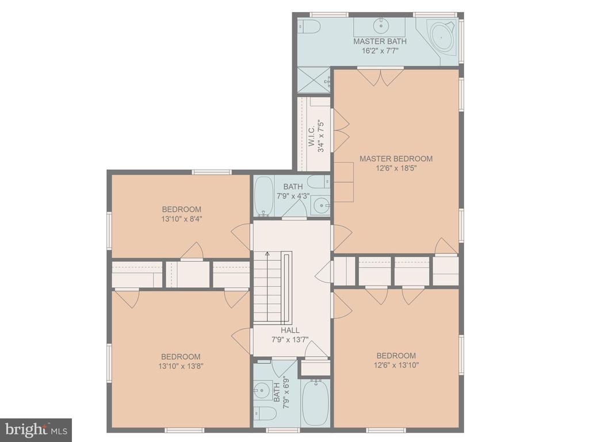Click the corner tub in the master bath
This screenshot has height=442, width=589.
442,36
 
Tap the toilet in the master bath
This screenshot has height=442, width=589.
309,26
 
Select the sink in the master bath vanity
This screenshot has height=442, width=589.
381,25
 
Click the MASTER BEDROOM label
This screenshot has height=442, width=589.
396,159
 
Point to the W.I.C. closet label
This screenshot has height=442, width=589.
311,136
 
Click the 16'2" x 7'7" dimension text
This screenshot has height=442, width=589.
380,51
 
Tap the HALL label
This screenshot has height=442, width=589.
290,330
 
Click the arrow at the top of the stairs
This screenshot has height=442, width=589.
267,254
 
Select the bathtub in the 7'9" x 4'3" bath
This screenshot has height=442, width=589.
264,196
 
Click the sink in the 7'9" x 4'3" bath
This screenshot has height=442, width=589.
320,205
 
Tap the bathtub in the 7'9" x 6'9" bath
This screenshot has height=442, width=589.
316,402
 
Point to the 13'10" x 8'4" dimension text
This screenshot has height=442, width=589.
181,219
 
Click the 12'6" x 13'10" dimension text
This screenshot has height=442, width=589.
396,364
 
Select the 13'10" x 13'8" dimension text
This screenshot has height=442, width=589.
181,365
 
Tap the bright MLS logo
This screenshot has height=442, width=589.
36,430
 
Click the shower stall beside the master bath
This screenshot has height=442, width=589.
314,80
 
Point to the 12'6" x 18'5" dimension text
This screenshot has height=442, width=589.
396,168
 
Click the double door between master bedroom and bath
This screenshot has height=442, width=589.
380,77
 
